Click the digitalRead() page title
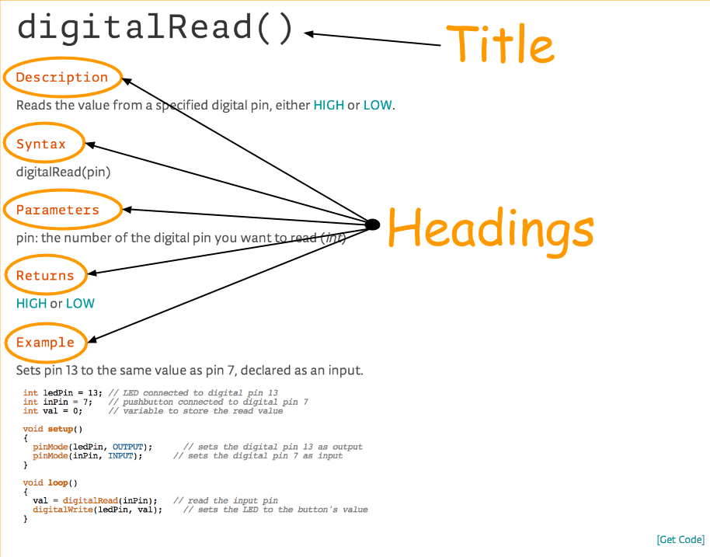[156, 28]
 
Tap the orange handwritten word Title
[500, 44]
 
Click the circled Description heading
[62, 78]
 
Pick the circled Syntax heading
[41, 144]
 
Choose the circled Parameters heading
[57, 210]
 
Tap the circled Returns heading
[45, 276]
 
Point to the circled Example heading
[45, 343]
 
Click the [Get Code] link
[680, 539]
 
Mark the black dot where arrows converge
[372, 225]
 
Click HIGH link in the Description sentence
[329, 105]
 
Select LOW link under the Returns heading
[80, 304]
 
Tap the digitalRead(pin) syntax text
[64, 172]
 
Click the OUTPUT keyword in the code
[127, 447]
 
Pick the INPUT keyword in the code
[120, 456]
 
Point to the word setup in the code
[61, 430]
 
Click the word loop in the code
[58, 482]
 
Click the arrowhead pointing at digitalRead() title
[309, 33]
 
